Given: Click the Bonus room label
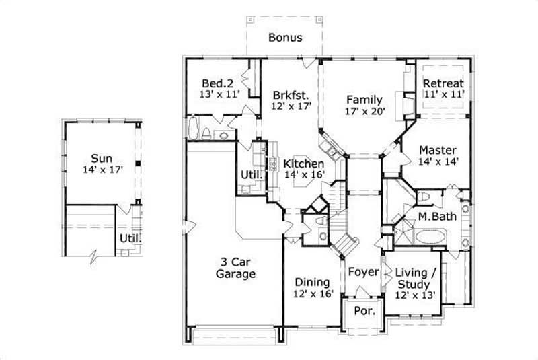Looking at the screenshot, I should [x=285, y=38].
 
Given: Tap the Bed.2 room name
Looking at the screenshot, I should [x=217, y=83].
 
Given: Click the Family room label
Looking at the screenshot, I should [x=364, y=100].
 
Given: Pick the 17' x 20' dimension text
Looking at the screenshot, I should [x=364, y=112].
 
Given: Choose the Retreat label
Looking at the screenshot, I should [x=443, y=83].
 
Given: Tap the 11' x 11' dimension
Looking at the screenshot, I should [x=443, y=95].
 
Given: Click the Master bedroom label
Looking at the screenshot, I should [x=438, y=149].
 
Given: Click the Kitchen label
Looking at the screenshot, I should [x=304, y=164].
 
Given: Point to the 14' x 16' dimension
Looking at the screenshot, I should [x=305, y=175].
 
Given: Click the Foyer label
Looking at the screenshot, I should [x=363, y=272].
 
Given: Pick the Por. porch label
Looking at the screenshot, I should [x=363, y=312].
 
